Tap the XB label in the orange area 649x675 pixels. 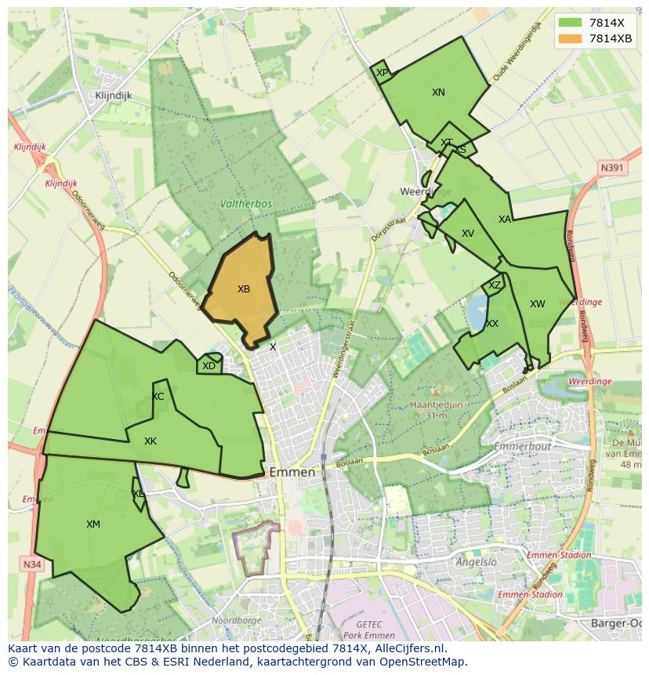click(244, 289)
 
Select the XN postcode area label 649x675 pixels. click(438, 93)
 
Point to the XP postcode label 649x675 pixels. click(382, 73)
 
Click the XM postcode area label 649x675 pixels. click(93, 524)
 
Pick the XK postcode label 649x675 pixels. click(150, 441)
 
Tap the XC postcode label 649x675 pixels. click(158, 397)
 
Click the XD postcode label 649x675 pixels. click(208, 366)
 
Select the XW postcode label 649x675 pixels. click(537, 304)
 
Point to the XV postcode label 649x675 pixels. click(468, 234)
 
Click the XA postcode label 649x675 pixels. click(505, 220)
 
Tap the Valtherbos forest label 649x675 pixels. click(246, 204)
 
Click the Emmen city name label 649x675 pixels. click(292, 473)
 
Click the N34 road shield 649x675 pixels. click(31, 564)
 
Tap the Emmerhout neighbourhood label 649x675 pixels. click(524, 446)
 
